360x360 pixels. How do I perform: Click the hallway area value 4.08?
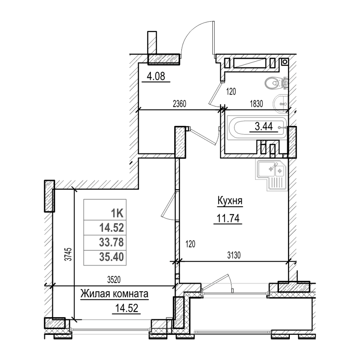(155, 76)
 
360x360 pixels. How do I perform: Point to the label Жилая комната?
(114, 294)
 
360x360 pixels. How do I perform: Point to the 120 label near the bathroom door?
(231, 92)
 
